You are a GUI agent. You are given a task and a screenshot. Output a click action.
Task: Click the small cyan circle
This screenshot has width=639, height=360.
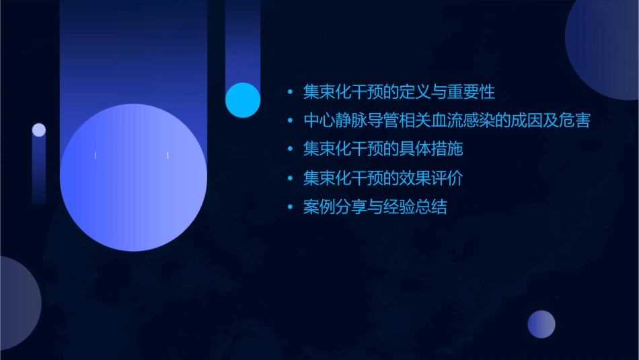[x=243, y=100]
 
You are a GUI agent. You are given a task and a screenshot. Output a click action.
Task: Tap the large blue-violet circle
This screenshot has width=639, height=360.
[x=133, y=177]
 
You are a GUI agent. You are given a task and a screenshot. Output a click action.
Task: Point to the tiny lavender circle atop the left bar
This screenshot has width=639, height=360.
[x=39, y=130]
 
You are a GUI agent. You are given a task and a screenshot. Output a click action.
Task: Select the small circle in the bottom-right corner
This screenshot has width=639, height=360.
[x=541, y=324]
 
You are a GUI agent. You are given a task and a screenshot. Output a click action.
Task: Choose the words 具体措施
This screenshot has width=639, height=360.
[x=432, y=149]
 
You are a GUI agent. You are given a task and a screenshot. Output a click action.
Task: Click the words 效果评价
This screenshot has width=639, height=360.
[x=432, y=178]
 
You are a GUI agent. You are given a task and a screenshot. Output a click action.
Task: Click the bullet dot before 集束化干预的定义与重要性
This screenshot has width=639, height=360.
[x=290, y=92]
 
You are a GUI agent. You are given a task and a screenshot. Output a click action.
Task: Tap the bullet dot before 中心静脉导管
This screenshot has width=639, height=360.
[x=290, y=121]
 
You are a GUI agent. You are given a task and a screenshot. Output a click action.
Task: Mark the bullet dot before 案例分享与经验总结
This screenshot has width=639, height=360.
[x=290, y=207]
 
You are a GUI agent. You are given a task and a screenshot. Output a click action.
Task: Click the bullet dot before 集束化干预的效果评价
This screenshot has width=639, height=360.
[x=290, y=179]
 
